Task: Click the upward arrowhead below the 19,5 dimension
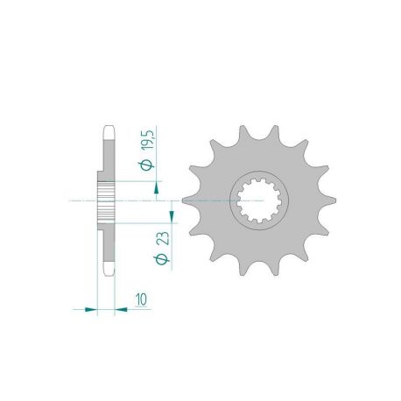pos(158,185)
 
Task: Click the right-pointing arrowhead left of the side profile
pos(90,308)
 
